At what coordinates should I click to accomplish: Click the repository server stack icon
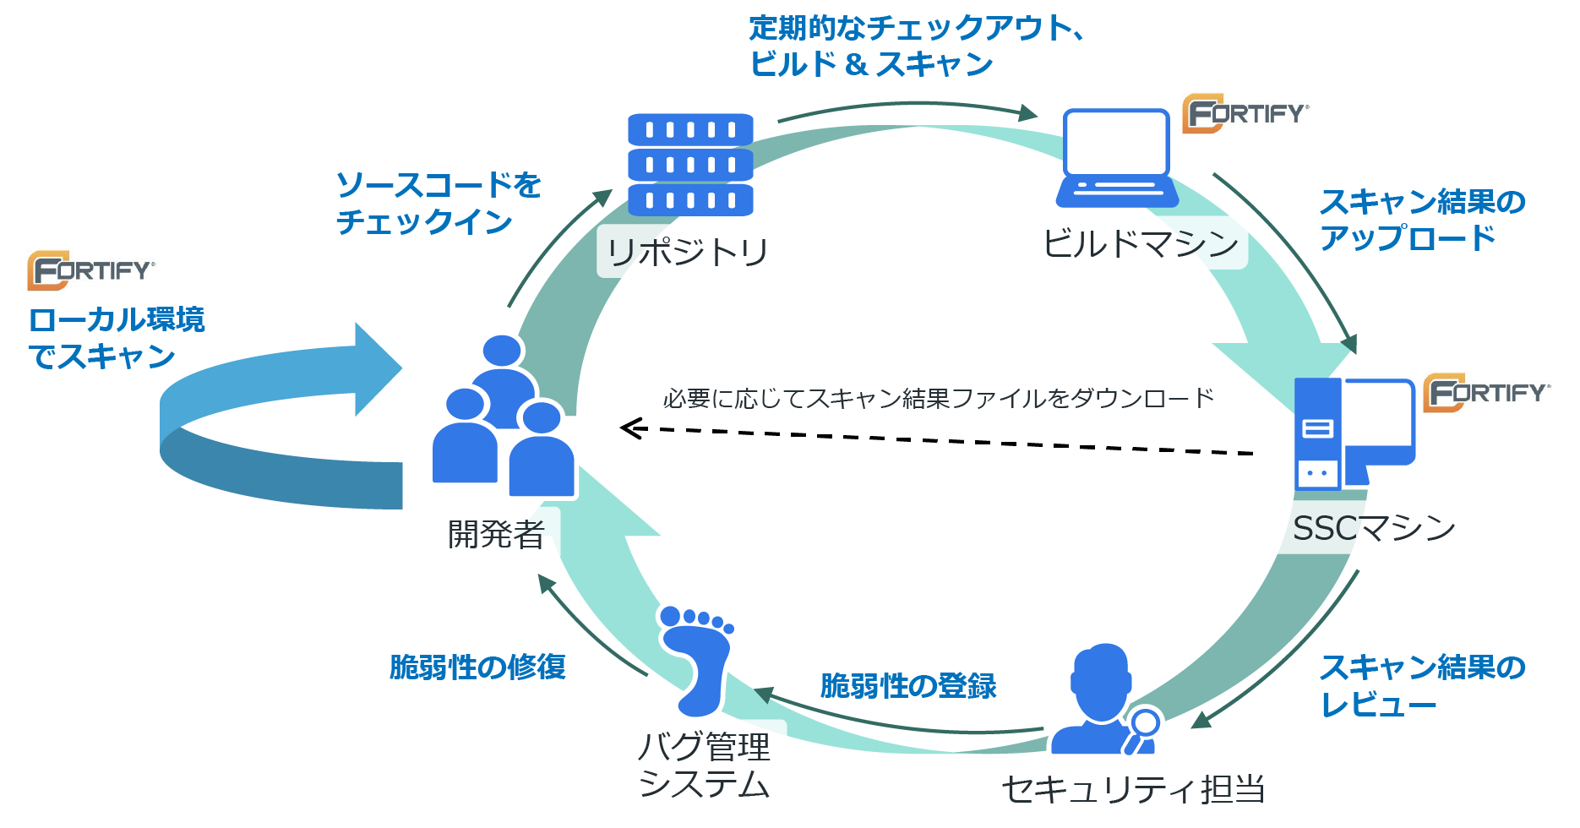tap(690, 165)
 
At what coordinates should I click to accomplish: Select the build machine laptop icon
tap(1117, 158)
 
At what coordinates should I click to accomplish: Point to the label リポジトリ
tap(688, 252)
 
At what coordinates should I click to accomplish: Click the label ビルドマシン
tap(1141, 243)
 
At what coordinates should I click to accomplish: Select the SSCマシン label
tap(1374, 528)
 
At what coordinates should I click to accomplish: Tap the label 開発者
tap(496, 534)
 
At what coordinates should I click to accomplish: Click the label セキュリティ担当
tap(1133, 789)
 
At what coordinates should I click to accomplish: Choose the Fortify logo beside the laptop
tap(1245, 113)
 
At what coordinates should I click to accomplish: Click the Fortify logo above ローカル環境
tap(91, 270)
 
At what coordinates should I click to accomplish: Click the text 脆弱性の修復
tap(477, 667)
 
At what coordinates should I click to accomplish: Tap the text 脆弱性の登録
tap(908, 685)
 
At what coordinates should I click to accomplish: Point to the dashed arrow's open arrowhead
tap(633, 428)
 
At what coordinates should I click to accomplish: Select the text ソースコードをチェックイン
tap(439, 203)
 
